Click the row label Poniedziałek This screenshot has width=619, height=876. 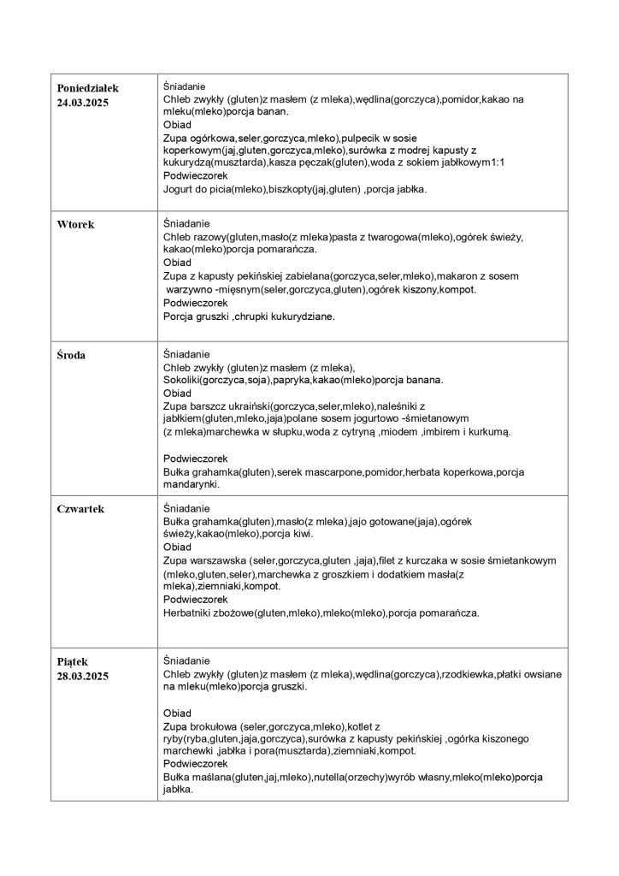point(87,88)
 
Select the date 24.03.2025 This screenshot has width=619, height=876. point(84,102)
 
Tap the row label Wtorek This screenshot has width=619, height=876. point(75,224)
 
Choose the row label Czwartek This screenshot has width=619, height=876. point(80,508)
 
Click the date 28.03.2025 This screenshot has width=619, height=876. point(84,676)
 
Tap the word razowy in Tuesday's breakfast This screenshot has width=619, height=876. point(210,236)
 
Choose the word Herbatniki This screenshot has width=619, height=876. point(195,613)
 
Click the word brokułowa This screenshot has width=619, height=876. point(210,726)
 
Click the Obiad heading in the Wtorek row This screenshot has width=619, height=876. point(177,263)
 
